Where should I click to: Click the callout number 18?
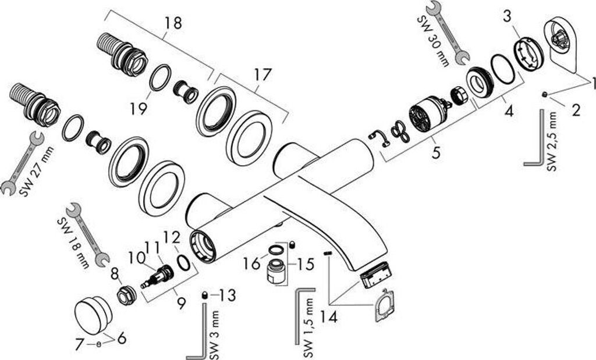(x=173, y=23)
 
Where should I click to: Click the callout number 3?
(x=508, y=16)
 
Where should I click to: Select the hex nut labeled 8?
(x=124, y=295)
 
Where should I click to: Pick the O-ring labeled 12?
(x=182, y=263)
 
